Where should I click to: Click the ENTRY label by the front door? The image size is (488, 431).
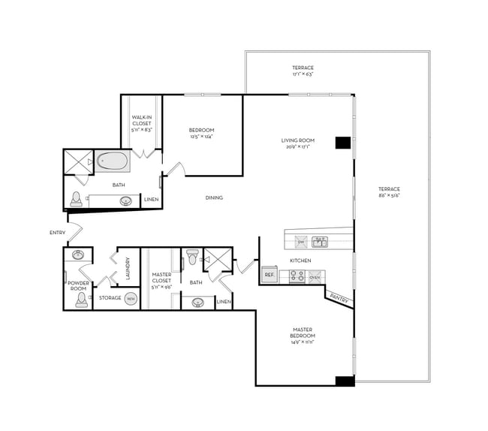point(58,233)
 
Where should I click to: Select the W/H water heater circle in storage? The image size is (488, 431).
point(131,298)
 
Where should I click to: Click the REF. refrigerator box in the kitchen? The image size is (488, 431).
point(270,276)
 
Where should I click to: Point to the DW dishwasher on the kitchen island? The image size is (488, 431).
point(300,242)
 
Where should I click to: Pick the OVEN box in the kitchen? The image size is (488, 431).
point(315,276)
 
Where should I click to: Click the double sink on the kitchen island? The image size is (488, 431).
point(320,242)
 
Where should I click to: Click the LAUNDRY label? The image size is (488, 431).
point(128,268)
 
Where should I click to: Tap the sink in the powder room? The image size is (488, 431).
point(79,255)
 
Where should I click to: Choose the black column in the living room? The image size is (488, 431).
point(343,143)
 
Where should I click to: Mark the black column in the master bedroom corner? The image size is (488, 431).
point(344,381)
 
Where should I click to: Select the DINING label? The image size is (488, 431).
point(214,198)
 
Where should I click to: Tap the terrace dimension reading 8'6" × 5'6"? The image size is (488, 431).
point(389,195)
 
